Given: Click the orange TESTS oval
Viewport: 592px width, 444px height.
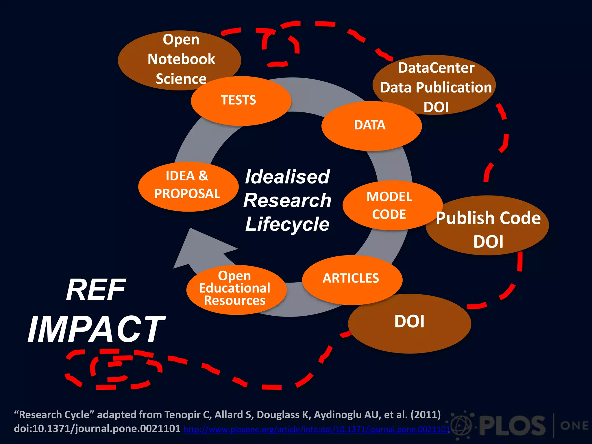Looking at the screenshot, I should click(240, 101).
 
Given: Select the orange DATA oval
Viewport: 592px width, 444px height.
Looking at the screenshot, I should click(371, 126).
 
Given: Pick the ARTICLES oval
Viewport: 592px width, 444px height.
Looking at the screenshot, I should click(351, 279).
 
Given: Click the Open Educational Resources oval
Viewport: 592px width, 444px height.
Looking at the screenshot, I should click(235, 289).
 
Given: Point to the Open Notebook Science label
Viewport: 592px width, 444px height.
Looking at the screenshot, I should click(181, 59).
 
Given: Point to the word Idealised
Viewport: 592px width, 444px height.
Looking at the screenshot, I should click(287, 177).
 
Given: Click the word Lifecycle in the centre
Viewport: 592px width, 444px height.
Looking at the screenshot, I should click(287, 224).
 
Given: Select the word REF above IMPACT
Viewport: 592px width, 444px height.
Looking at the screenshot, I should click(96, 290).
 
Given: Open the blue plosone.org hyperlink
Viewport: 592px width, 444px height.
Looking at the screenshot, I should click(317, 430).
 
